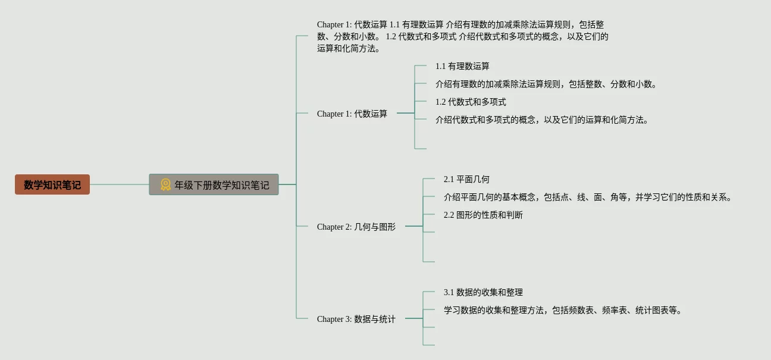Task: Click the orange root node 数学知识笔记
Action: click(52, 184)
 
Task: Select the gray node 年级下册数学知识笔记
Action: click(214, 184)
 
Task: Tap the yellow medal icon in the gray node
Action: click(165, 184)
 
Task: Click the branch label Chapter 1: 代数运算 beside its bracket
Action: click(352, 114)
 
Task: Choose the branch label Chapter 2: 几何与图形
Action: click(356, 227)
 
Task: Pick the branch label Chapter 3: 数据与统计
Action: click(356, 319)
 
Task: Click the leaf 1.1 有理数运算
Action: click(462, 66)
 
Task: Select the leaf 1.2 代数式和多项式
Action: click(471, 102)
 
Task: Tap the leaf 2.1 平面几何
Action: click(466, 179)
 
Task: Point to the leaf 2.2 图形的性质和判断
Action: click(483, 215)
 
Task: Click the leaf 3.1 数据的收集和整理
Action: click(483, 293)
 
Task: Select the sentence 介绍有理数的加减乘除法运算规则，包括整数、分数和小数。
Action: click(546, 84)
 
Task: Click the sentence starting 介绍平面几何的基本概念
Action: click(588, 197)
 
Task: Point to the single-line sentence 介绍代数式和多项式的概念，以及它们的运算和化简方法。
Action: click(542, 120)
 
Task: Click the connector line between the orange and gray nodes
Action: click(120, 184)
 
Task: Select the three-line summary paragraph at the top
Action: click(463, 36)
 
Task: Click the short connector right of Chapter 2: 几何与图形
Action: click(414, 226)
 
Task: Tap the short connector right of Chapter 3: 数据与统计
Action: click(414, 318)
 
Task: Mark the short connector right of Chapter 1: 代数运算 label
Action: click(406, 113)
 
